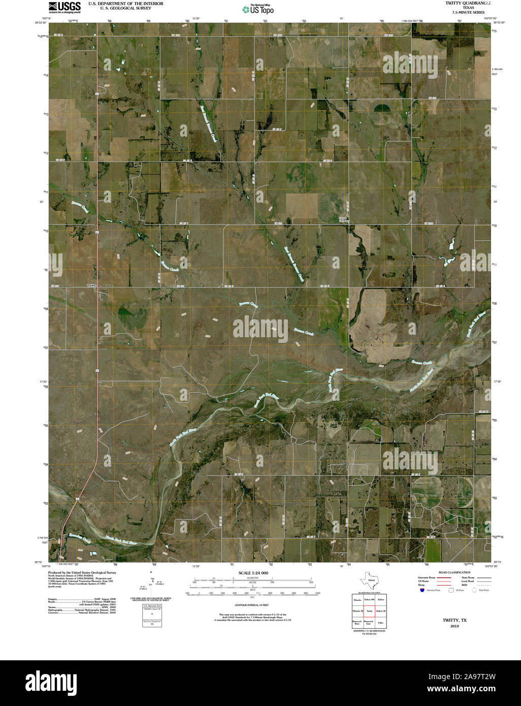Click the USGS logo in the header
pyautogui.click(x=64, y=7)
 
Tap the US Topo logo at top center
pyautogui.click(x=259, y=9)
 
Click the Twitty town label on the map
pyautogui.click(x=91, y=285)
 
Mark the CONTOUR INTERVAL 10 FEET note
pyautogui.click(x=252, y=606)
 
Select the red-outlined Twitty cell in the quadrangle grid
pyautogui.click(x=370, y=611)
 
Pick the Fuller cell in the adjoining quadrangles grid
pyautogui.click(x=381, y=622)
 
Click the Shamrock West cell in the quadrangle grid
pyautogui.click(x=357, y=622)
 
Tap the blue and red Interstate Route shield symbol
pyautogui.click(x=422, y=590)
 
